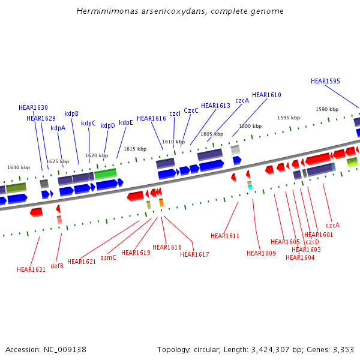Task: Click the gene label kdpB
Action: coord(71,113)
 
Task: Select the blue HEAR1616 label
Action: coord(151,118)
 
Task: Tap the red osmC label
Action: coord(108,257)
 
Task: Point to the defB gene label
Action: coord(57,266)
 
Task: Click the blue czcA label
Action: coord(242,101)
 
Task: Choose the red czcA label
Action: coord(332,225)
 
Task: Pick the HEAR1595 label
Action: coord(325,81)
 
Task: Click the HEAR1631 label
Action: coord(31,269)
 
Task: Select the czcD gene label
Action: coord(312,242)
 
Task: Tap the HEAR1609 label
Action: coord(261,253)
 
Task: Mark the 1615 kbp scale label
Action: coord(135,149)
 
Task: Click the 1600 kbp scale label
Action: coord(250,126)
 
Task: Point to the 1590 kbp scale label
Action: coord(327,109)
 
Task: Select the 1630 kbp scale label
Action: coord(19,167)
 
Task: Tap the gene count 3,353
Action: coord(343,349)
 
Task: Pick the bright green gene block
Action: coord(106,173)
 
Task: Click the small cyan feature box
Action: coord(250,187)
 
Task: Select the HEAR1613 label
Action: coord(215,106)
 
